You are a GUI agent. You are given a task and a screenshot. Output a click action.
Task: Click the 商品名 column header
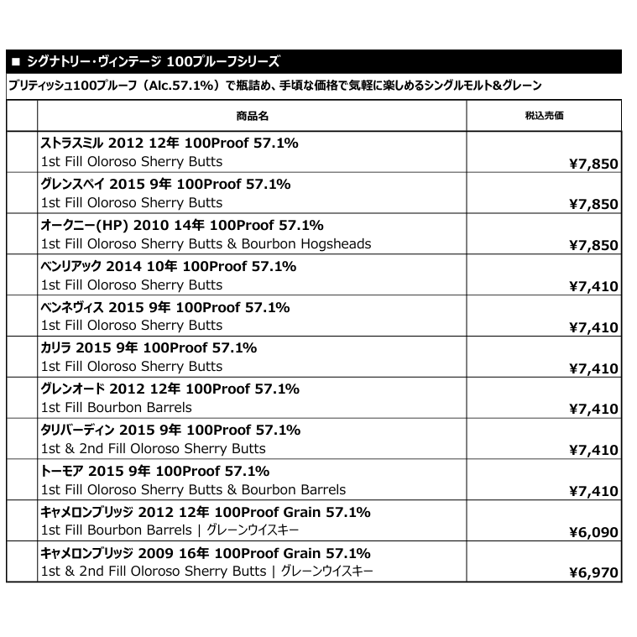pos(252,116)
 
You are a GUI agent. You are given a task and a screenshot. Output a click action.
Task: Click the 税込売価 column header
pos(543,116)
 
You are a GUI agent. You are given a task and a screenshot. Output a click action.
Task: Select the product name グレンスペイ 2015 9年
pos(165,185)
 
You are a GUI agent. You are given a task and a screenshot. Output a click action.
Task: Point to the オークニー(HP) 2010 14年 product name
pos(182,226)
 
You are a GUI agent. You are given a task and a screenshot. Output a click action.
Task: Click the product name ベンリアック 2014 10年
pos(168,267)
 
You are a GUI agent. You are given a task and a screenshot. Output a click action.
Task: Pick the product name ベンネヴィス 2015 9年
pos(164,308)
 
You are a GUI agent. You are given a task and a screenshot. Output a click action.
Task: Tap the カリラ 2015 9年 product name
pos(149,348)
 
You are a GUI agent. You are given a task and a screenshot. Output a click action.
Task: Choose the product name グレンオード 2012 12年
pos(170,389)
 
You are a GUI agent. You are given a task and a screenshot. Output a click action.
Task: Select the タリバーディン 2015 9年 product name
pos(170,431)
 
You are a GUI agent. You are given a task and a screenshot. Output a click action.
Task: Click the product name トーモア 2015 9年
pos(154,472)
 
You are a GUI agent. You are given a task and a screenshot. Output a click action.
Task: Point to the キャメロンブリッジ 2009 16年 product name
pos(206,554)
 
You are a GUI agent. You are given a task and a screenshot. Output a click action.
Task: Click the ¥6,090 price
pos(593,532)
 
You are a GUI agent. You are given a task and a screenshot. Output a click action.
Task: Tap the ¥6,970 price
pos(593,573)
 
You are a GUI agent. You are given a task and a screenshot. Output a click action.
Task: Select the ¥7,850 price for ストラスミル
pos(593,164)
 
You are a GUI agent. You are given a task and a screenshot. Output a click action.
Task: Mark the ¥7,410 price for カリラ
pos(593,368)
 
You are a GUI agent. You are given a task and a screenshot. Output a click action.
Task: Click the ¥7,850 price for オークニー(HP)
pos(593,246)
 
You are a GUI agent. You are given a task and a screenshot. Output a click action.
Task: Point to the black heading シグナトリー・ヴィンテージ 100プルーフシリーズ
pos(147,62)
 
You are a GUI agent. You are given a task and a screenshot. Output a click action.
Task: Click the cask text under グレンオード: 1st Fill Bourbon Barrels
pos(117,408)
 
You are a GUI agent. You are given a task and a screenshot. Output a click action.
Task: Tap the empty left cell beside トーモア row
pos(22,480)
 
